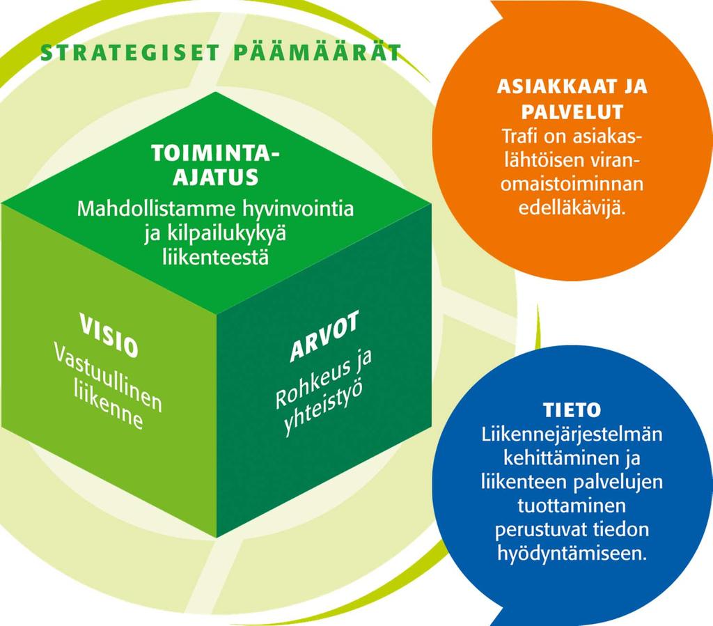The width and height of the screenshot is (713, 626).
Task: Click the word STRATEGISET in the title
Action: [x=130, y=53]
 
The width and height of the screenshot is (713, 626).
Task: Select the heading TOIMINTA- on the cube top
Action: [x=215, y=153]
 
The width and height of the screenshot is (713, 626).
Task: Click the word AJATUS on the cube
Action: [x=216, y=177]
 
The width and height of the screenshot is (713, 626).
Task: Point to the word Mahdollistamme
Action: [x=157, y=209]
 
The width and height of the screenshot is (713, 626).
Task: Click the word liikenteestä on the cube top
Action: [x=216, y=257]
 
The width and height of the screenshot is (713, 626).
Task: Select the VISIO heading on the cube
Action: [x=109, y=335]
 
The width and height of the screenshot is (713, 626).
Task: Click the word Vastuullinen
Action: [x=108, y=377]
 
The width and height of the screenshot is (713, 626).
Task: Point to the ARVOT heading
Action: [x=324, y=336]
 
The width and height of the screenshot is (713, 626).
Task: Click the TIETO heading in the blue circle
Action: [x=572, y=410]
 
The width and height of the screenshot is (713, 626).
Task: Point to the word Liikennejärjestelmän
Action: [x=572, y=435]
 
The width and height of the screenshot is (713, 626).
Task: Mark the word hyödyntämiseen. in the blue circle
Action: [x=572, y=554]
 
